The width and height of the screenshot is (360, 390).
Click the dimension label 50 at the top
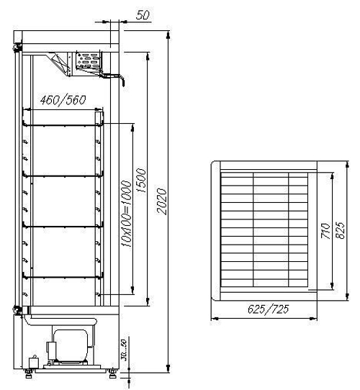point(143,14)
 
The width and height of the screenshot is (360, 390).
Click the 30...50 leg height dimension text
point(124,353)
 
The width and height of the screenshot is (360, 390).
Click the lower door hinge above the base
point(15,309)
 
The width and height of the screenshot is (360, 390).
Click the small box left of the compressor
point(32,360)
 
